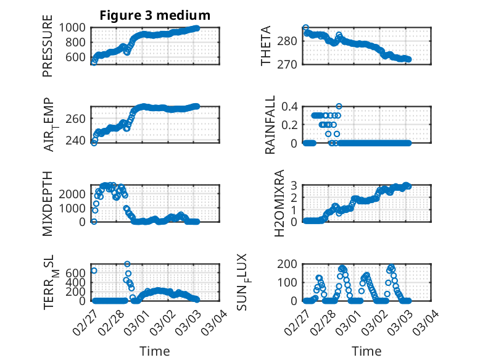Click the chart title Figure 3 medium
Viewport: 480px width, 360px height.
tap(155, 15)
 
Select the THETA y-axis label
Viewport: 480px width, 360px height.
tap(266, 46)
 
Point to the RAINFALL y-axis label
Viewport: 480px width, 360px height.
tap(270, 125)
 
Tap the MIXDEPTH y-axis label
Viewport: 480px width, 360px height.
tap(48, 203)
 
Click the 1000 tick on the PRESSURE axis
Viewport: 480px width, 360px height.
tap(75, 28)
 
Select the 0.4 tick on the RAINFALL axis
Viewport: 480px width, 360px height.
tap(291, 106)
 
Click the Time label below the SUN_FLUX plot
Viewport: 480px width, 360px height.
tap(366, 351)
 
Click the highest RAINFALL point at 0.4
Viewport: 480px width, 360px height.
tap(339, 106)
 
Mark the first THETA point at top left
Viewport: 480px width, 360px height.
tap(305, 28)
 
